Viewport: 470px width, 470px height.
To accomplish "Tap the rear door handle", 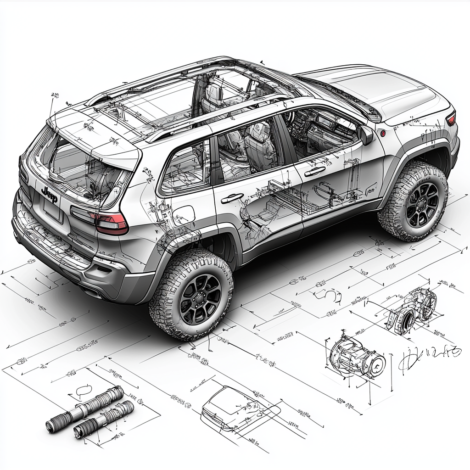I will pos(232,198).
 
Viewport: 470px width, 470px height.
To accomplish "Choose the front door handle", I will pos(314,171).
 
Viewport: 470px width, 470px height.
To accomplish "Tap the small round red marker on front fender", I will pos(382,134).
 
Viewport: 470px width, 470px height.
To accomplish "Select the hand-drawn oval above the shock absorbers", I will pos(83,391).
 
